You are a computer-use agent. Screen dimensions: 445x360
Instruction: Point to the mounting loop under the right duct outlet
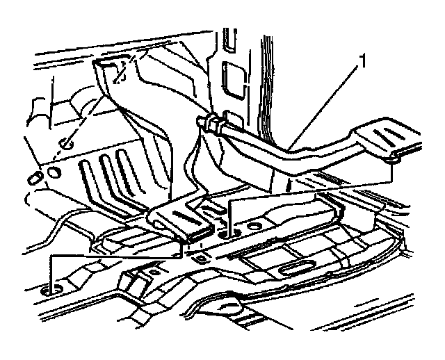tap(394, 159)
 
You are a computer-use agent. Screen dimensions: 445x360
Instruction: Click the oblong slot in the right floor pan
tap(296, 267)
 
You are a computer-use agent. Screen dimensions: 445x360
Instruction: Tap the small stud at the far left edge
tap(33, 177)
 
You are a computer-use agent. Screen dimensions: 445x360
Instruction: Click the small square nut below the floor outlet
tap(202, 259)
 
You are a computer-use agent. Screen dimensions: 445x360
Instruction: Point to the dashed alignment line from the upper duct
tap(97, 104)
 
